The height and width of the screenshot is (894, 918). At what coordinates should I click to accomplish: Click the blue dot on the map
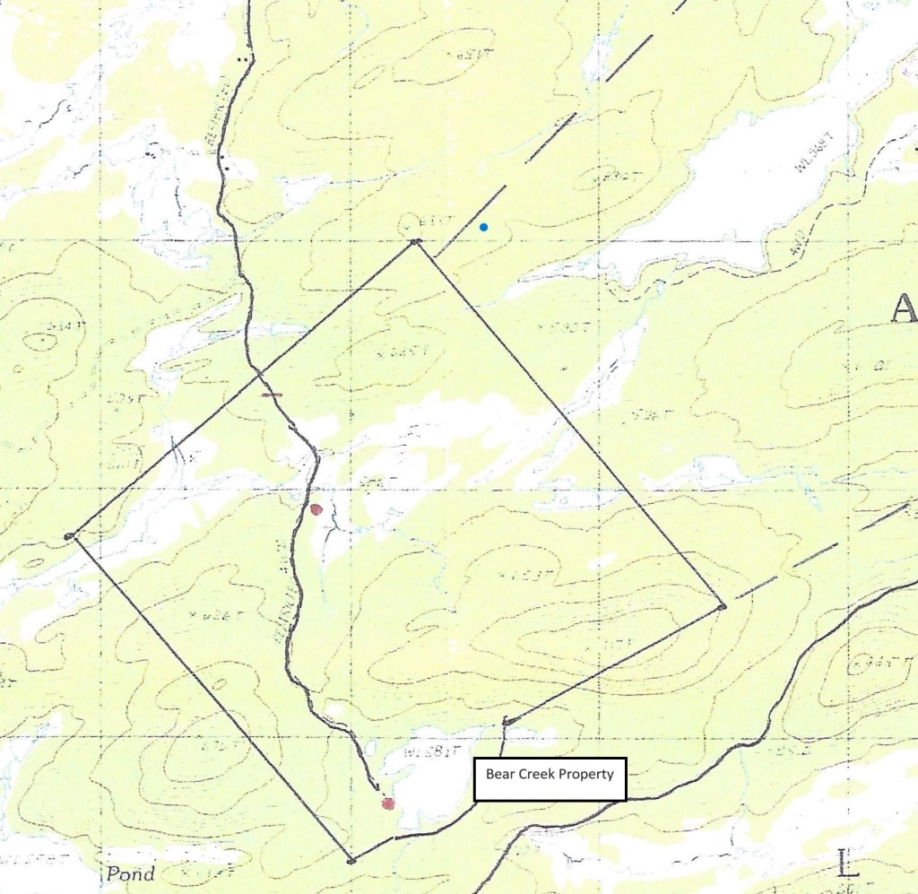click(484, 227)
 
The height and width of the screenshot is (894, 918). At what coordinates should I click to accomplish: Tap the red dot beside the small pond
click(388, 803)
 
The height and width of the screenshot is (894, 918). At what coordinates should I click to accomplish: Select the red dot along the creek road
click(316, 509)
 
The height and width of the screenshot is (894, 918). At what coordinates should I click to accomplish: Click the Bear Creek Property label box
click(549, 778)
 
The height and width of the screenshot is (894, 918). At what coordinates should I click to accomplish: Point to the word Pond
click(130, 874)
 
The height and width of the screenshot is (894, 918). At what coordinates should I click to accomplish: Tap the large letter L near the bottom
click(845, 864)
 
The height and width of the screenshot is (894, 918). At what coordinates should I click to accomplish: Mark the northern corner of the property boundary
click(415, 242)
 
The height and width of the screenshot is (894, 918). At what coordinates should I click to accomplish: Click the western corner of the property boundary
click(69, 536)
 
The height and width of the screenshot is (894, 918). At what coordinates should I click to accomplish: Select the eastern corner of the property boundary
click(722, 607)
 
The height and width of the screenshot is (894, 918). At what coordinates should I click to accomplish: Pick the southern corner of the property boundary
click(351, 861)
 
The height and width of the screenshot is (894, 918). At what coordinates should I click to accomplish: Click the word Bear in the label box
click(499, 772)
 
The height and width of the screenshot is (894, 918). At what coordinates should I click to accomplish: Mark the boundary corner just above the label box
click(507, 721)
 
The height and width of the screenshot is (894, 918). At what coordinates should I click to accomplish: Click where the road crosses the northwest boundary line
click(259, 370)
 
